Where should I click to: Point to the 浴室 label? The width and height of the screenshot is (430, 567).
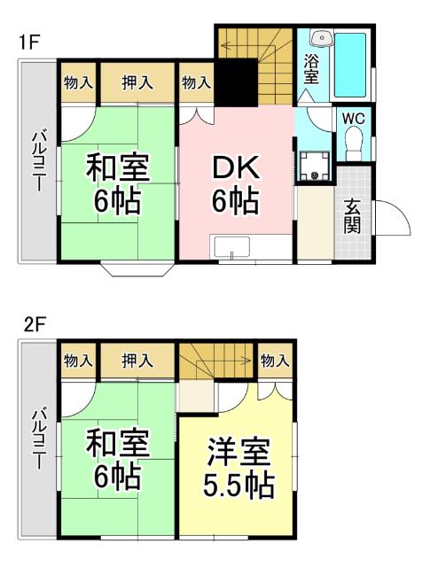pyautogui.click(x=311, y=69)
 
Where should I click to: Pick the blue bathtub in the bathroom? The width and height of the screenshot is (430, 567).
pyautogui.click(x=352, y=65)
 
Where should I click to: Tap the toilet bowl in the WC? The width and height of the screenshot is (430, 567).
pyautogui.click(x=354, y=142)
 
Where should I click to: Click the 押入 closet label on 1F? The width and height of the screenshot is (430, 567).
pyautogui.click(x=137, y=83)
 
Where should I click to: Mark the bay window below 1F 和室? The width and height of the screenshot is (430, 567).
pyautogui.click(x=137, y=268)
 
